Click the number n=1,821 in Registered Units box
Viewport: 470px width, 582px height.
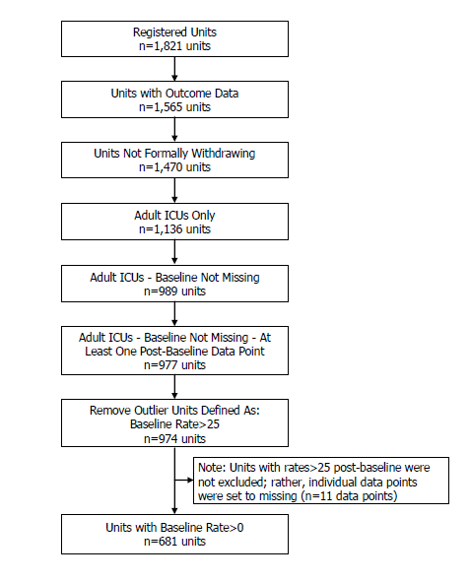click(161, 46)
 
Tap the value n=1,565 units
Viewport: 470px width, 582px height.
click(174, 107)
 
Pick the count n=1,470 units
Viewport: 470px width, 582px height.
click(174, 167)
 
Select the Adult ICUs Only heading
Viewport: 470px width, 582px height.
click(174, 216)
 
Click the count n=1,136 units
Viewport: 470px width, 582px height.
click(174, 229)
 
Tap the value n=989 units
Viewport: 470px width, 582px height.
click(174, 291)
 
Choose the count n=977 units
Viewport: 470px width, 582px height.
click(174, 365)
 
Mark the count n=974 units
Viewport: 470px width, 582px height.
click(174, 439)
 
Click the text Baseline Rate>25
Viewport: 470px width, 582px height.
click(174, 423)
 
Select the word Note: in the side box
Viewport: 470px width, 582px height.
click(212, 468)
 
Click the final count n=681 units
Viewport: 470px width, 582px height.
click(174, 542)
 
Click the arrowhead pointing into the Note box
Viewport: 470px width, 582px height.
click(190, 480)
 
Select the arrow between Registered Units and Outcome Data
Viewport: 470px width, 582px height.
click(174, 69)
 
